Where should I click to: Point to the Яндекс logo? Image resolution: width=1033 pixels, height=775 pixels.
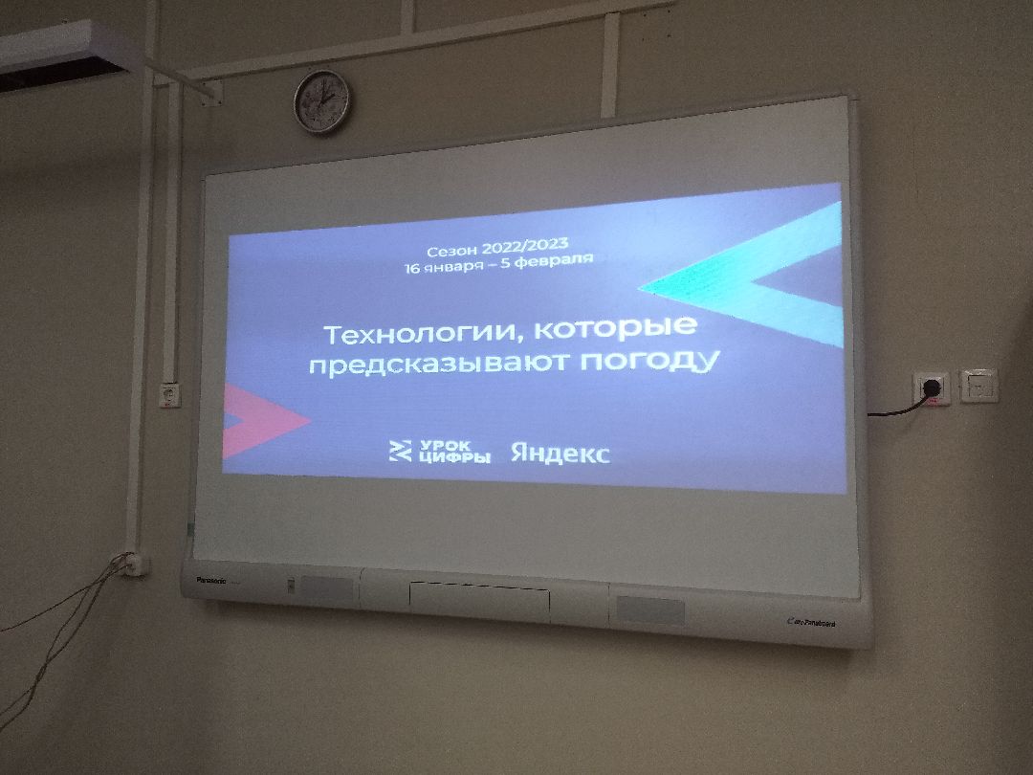pyautogui.click(x=560, y=453)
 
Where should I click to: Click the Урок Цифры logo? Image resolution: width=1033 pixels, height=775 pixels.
pyautogui.click(x=439, y=452)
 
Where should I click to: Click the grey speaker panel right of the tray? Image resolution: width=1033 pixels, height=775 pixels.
pyautogui.click(x=649, y=610)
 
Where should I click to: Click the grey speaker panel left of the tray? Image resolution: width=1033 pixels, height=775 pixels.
pyautogui.click(x=325, y=590)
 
